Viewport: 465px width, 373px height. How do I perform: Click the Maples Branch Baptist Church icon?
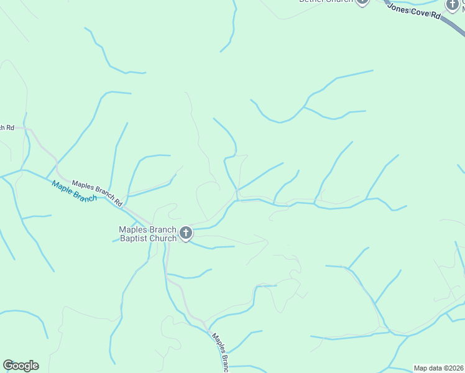[x=185, y=234]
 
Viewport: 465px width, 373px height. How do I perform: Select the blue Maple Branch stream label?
[x=75, y=191]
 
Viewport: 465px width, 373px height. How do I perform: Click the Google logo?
[x=21, y=366]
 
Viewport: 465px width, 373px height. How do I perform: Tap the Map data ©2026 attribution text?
[x=438, y=368]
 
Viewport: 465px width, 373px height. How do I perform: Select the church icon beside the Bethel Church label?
[x=362, y=2]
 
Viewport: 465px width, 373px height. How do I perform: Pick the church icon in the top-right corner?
[x=453, y=5]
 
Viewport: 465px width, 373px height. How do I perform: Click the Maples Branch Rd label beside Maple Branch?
[x=98, y=193]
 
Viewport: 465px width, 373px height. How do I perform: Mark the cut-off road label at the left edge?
[x=7, y=127]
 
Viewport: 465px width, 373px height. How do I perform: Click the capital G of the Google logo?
[x=9, y=366]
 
